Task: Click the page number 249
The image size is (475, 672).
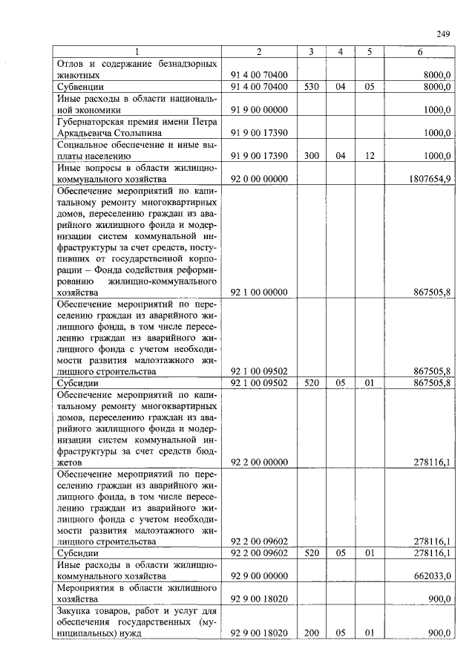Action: [x=443, y=33]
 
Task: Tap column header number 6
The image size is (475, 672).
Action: [x=420, y=52]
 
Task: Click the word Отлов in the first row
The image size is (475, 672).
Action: [x=72, y=64]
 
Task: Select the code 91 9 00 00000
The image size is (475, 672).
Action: [x=259, y=110]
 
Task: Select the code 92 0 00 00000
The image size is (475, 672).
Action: [x=259, y=179]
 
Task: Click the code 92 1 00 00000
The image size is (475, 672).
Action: [x=259, y=293]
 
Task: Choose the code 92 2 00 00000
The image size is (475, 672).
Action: [x=259, y=462]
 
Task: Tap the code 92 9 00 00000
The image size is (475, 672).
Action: [x=259, y=575]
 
